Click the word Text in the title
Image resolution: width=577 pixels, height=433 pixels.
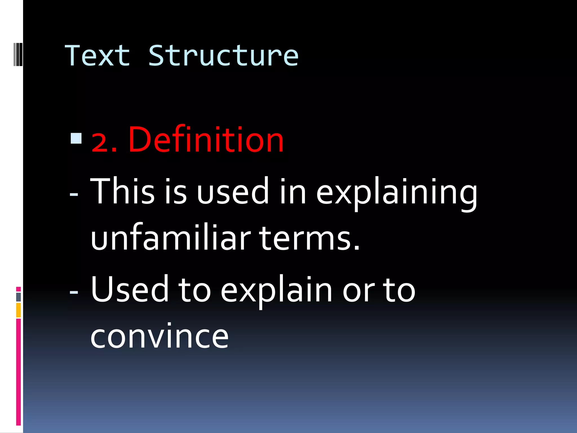point(97,56)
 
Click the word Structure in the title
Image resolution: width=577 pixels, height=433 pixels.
point(223,56)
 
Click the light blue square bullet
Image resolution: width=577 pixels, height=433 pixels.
point(76,138)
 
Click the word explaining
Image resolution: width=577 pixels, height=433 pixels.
point(397,193)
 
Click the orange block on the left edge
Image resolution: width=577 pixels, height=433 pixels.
point(18,310)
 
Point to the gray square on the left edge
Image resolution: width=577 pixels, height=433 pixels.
point(18,297)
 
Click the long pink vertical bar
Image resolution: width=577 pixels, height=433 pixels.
point(18,372)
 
